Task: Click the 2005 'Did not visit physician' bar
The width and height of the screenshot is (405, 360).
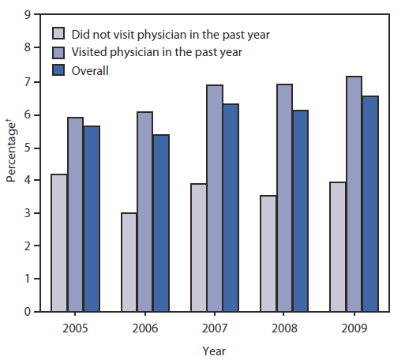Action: tap(59, 242)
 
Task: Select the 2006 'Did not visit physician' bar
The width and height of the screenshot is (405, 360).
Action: tap(129, 262)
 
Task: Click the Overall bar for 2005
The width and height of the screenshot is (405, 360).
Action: tap(92, 219)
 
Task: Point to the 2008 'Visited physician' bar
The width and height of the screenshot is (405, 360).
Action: tap(284, 198)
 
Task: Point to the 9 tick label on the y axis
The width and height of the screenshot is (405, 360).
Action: tap(28, 14)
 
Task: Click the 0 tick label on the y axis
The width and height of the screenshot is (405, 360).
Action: tap(28, 312)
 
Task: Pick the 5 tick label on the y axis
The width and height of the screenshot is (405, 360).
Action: tap(28, 147)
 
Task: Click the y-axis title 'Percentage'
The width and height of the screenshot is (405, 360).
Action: tap(11, 161)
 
